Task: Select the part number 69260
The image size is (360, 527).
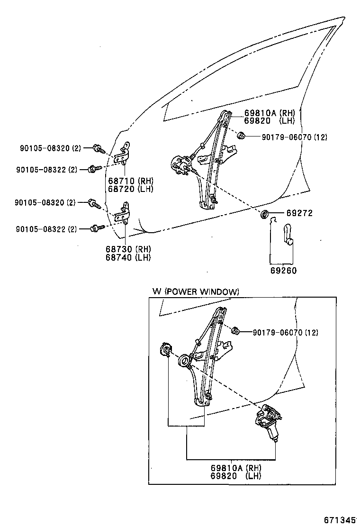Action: pyautogui.click(x=283, y=271)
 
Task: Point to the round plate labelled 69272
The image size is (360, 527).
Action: pyautogui.click(x=265, y=214)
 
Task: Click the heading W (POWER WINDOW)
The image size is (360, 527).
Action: pyautogui.click(x=196, y=291)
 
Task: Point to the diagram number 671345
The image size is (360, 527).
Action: pyautogui.click(x=339, y=519)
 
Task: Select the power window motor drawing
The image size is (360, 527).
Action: pyautogui.click(x=268, y=421)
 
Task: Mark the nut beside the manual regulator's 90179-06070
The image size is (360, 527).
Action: pyautogui.click(x=241, y=136)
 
